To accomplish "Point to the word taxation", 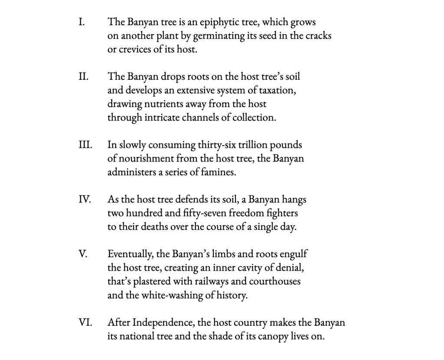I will point(276,91).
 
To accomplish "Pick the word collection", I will point(254,118).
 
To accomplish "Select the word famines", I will point(220,172).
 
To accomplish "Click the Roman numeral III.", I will point(85,145).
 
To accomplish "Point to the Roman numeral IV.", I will point(85,200).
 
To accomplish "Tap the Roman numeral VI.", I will point(85,323).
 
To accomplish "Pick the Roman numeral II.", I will point(84,77).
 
